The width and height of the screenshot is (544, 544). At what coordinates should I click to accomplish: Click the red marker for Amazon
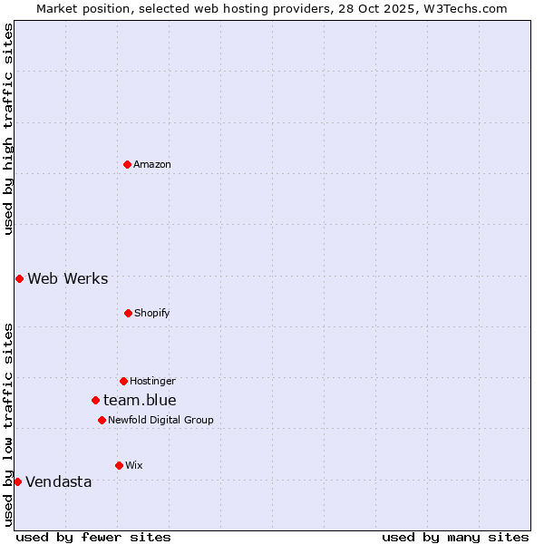click(127, 164)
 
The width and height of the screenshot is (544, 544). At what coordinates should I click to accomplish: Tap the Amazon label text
click(152, 164)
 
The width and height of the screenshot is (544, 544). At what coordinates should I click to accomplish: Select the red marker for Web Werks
click(19, 278)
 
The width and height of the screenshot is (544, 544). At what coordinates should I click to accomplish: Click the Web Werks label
click(68, 278)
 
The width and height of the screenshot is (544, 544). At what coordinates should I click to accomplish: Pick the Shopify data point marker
click(128, 313)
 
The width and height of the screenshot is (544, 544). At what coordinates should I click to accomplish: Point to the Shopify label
click(152, 313)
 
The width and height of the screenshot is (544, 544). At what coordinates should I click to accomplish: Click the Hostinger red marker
click(123, 381)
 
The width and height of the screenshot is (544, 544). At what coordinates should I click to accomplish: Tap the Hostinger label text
click(152, 381)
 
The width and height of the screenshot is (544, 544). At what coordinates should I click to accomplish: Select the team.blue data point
click(95, 400)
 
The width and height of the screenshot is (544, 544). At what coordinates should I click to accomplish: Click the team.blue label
click(140, 400)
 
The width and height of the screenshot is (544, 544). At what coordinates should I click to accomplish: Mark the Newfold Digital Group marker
click(102, 420)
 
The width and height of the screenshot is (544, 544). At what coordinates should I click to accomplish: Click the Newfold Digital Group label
click(160, 420)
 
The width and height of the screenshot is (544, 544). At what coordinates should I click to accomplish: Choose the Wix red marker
click(119, 465)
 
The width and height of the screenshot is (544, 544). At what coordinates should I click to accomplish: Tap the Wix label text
click(134, 465)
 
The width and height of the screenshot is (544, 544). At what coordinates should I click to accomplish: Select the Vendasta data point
click(17, 481)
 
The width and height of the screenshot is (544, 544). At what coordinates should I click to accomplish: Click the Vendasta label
click(59, 481)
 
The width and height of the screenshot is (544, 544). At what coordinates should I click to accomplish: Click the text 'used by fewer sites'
click(93, 537)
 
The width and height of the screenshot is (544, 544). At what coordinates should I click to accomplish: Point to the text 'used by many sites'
click(455, 537)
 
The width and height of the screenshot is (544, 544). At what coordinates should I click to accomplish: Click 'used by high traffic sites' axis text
click(8, 129)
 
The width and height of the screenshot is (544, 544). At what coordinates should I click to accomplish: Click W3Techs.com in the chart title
click(466, 8)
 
